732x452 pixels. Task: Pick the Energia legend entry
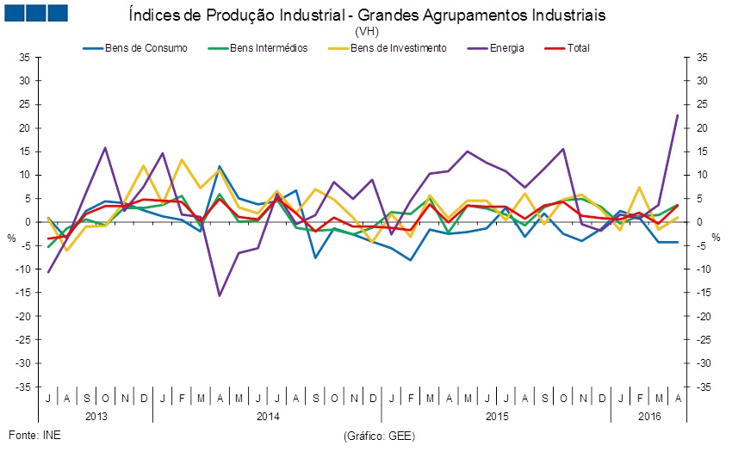(507, 48)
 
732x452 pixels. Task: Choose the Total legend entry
(579, 48)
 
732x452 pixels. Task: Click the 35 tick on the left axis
(25, 58)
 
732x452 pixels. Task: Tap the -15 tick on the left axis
(23, 293)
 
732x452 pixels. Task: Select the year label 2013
(95, 415)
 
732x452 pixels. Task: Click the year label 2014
(267, 415)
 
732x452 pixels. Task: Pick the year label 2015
(496, 415)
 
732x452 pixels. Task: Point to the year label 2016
(649, 415)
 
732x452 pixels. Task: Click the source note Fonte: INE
(34, 434)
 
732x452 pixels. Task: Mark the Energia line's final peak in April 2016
(678, 115)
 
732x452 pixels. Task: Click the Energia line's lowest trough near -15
(219, 295)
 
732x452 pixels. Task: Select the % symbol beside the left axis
(11, 238)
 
